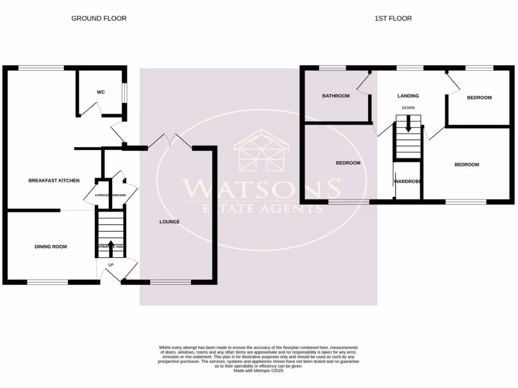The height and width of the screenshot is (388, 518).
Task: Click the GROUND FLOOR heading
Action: pyautogui.click(x=99, y=18)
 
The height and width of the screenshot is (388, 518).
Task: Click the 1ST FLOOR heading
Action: pyautogui.click(x=393, y=18)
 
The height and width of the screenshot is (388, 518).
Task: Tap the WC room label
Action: pyautogui.click(x=101, y=92)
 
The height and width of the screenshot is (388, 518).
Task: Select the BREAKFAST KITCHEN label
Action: pyautogui.click(x=54, y=180)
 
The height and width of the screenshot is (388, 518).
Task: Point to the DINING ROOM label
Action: pyautogui.click(x=51, y=247)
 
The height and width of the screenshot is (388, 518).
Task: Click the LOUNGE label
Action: pyautogui.click(x=169, y=222)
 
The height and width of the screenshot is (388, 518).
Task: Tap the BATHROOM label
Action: pyautogui.click(x=336, y=96)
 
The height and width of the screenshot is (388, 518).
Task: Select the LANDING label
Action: pyautogui.click(x=408, y=95)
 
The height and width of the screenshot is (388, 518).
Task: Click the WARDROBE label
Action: pyautogui.click(x=408, y=181)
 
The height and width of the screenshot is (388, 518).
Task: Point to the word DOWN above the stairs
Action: pyautogui.click(x=408, y=108)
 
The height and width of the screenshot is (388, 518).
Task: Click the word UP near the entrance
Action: pyautogui.click(x=111, y=264)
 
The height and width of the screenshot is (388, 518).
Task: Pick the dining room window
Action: pyautogui.click(x=47, y=282)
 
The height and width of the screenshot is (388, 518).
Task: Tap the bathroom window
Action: pyautogui.click(x=332, y=68)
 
